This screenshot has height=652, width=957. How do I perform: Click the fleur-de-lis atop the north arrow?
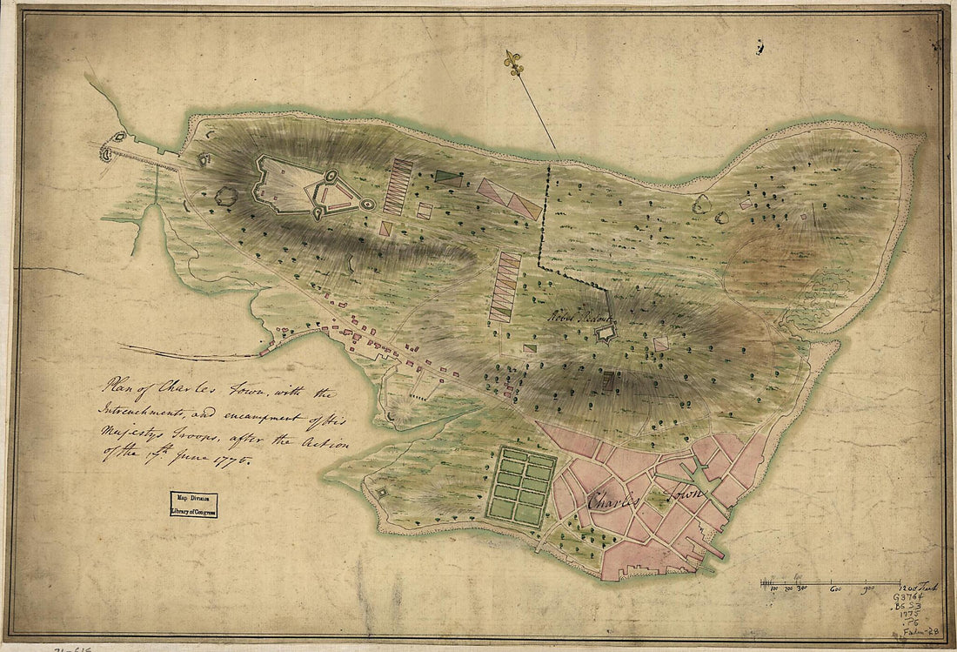[x=514, y=61]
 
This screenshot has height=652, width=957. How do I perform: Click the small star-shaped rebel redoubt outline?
[x=606, y=334]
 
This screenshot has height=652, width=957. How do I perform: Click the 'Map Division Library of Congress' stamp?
[x=193, y=504]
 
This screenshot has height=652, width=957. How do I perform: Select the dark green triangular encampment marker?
[x=447, y=176]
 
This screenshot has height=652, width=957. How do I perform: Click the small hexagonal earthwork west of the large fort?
[x=225, y=196]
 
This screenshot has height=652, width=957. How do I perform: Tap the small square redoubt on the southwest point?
[x=382, y=493]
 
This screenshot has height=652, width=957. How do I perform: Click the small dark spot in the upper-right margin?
[x=760, y=47]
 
